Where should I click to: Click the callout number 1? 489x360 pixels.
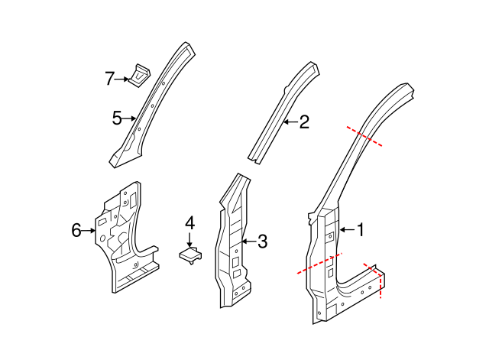[x=361, y=229]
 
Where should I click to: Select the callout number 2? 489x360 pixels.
[x=303, y=122]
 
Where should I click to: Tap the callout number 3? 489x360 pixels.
[x=262, y=242]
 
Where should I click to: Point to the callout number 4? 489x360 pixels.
[x=189, y=223]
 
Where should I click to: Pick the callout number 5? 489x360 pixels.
[x=117, y=118]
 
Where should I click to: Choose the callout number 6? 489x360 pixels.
[x=76, y=229]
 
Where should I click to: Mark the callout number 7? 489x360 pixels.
[x=110, y=77]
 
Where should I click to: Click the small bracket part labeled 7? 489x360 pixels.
[x=140, y=76]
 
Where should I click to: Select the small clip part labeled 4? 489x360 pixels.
[x=190, y=254]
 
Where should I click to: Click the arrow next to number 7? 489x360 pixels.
[x=125, y=78]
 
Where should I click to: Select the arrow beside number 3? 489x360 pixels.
[x=247, y=242]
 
